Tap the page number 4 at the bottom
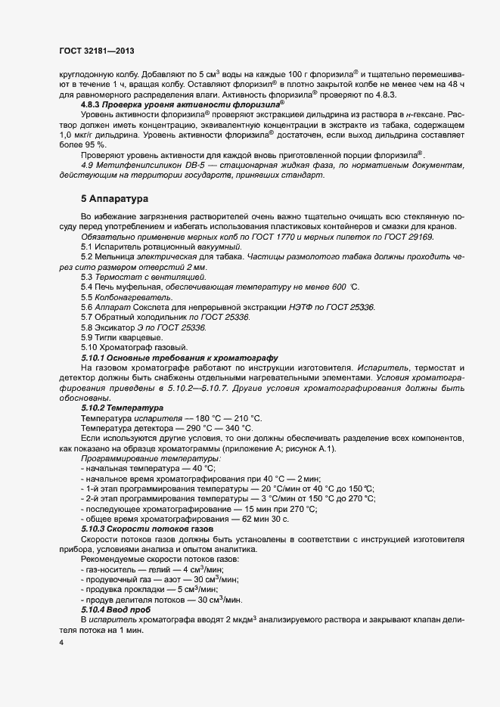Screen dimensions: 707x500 [61, 643]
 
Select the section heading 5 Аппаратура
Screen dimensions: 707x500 [113, 199]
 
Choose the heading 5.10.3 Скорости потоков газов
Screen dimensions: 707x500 [147, 529]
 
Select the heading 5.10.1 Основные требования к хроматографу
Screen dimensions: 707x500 [180, 357]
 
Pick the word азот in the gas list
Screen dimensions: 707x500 [182, 578]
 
